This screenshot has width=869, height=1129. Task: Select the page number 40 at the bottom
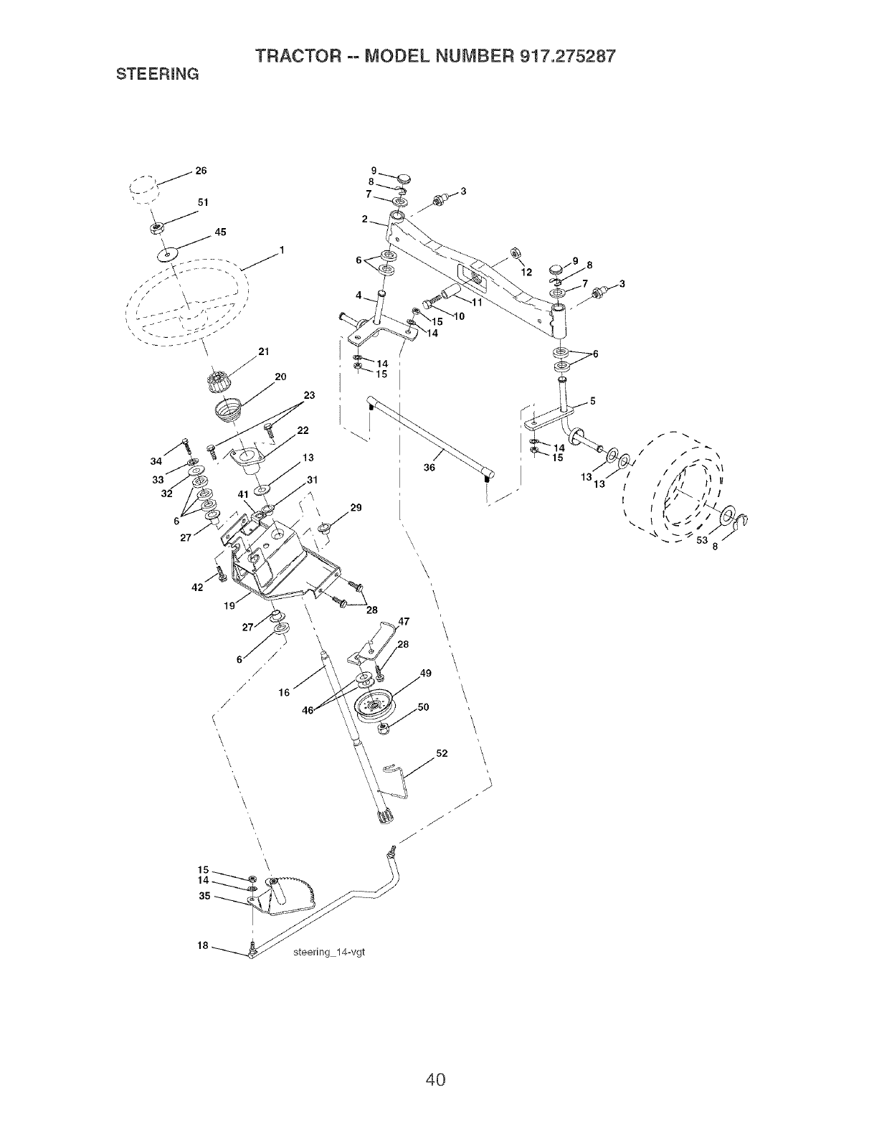tap(434, 1059)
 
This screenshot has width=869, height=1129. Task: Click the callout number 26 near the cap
tap(201, 171)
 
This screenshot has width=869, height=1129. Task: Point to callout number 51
tap(203, 202)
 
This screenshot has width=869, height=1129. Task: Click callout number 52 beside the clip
tap(441, 754)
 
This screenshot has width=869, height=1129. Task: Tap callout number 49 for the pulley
tap(426, 673)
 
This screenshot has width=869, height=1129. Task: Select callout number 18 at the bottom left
tap(203, 945)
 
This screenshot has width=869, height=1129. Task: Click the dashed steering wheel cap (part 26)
tap(143, 191)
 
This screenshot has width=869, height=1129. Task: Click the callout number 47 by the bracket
tap(403, 621)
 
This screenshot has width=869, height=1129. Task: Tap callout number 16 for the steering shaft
tap(285, 693)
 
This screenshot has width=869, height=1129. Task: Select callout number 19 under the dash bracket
tap(229, 605)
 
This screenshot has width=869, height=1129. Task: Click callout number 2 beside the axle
tap(365, 219)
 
